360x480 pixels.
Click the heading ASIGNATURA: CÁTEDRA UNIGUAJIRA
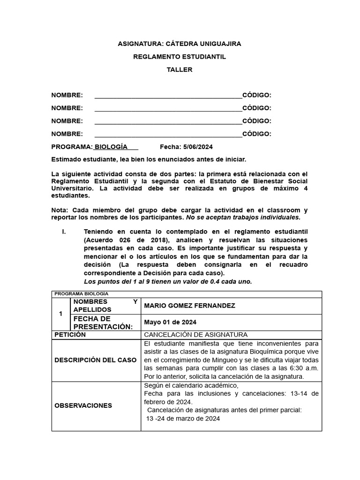coord(179,44)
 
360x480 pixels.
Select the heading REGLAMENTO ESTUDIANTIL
coord(179,57)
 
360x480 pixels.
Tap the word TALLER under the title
coord(179,70)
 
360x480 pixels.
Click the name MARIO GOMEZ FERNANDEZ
coord(189,306)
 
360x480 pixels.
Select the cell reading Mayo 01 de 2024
coord(170,322)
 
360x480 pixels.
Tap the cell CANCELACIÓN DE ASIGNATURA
coord(195,334)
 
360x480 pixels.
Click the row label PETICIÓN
coord(70,334)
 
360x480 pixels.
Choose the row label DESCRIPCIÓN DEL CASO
coord(96,360)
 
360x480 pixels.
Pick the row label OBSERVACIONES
coord(83,405)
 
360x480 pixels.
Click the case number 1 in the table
coord(60,314)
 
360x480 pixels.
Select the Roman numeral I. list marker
coord(65,232)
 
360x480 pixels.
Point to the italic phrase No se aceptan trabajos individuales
coord(243,217)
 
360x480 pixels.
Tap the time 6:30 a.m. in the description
coord(304,368)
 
